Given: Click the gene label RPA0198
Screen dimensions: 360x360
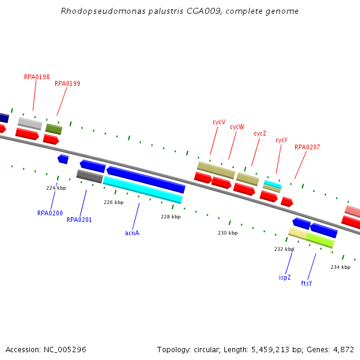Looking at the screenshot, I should (x=37, y=77).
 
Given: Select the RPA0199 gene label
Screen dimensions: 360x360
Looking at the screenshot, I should (x=67, y=83).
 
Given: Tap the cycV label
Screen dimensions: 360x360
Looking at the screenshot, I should (x=219, y=122).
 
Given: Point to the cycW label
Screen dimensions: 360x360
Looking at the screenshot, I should (x=237, y=127).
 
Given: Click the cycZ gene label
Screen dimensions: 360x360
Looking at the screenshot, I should (x=260, y=133).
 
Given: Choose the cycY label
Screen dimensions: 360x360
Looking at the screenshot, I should (x=281, y=140).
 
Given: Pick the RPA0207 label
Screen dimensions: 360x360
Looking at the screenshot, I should (x=307, y=147).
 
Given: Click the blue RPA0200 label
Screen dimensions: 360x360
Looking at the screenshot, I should (x=50, y=213).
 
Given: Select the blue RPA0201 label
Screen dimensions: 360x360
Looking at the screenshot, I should (x=79, y=220).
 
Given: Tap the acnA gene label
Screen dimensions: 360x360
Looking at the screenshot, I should (x=132, y=232).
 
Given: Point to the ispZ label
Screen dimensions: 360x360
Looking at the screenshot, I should (x=285, y=277).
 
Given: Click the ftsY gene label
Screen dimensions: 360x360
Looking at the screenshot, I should (x=307, y=283).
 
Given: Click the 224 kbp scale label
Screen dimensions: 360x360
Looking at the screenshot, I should (x=56, y=188).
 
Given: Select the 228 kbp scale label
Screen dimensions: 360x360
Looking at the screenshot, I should (x=170, y=217).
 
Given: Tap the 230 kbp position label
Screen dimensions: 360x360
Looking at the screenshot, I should (x=227, y=233).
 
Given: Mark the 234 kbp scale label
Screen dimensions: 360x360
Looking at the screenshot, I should (x=340, y=267).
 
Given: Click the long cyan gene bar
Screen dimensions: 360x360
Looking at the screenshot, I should (x=143, y=190).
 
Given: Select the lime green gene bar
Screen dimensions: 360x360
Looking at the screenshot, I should (x=320, y=241).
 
